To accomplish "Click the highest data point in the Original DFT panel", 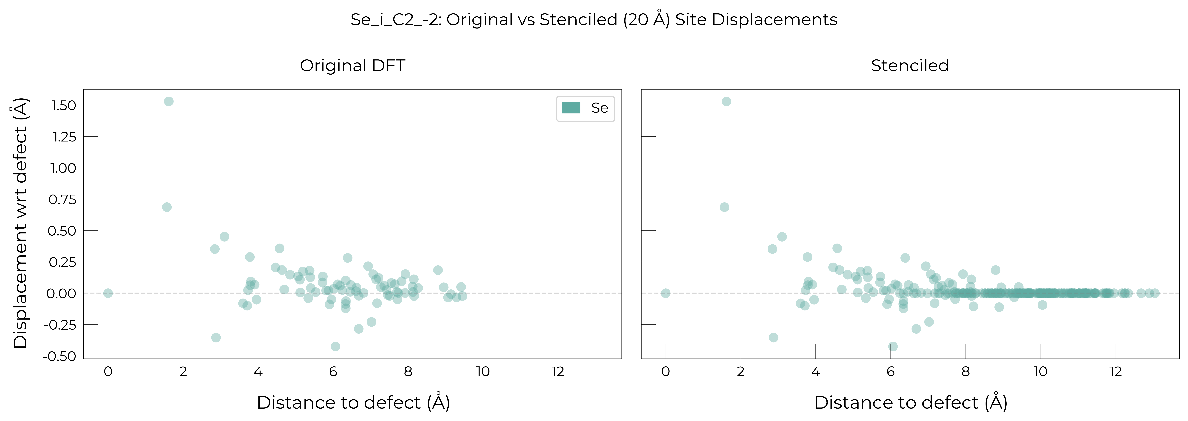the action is (169, 101).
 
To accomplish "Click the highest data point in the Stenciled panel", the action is (726, 101).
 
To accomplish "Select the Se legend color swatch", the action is (571, 108).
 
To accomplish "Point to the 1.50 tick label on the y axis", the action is (64, 106).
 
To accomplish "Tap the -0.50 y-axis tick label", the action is (59, 356).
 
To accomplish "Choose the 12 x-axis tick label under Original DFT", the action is (558, 372).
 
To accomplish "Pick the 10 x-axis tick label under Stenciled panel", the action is (1040, 372).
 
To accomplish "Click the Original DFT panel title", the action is (353, 65).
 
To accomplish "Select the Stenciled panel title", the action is (910, 65).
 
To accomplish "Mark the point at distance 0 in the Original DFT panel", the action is (108, 293).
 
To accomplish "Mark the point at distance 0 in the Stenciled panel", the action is (665, 293).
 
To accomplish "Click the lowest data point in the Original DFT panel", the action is (335, 346).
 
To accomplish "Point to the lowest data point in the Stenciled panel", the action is (893, 346).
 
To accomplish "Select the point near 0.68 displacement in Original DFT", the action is (167, 207).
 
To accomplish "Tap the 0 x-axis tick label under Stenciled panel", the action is (665, 372).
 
